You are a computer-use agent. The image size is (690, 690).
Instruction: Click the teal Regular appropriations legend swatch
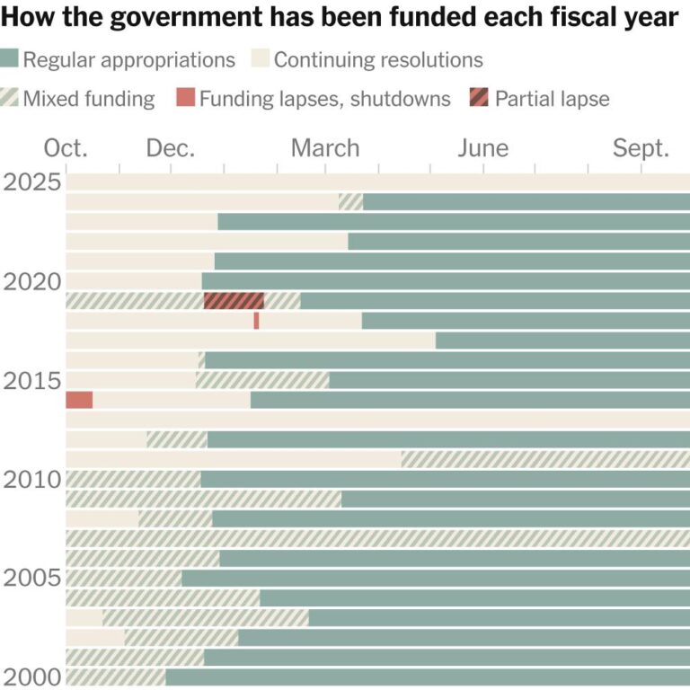tap(10, 60)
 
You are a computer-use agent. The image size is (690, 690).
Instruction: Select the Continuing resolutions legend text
tap(378, 60)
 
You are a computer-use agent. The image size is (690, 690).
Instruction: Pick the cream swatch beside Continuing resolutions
tap(260, 60)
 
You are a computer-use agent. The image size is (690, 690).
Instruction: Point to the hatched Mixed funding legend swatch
tap(10, 98)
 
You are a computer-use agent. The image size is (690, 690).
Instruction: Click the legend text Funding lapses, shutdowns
tap(325, 98)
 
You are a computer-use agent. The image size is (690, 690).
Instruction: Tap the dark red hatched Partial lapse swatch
tap(480, 98)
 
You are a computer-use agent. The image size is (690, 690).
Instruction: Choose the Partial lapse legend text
tap(553, 98)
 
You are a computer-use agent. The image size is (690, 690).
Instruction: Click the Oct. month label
tap(66, 148)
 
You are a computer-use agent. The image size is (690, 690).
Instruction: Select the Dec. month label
tap(171, 148)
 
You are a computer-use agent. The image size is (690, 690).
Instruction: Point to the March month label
tap(325, 148)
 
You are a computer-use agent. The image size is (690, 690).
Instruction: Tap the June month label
tap(482, 148)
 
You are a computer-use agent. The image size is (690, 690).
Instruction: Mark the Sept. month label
tap(641, 148)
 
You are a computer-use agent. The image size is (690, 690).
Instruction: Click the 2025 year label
tap(32, 182)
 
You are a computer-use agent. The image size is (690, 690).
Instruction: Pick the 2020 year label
tap(32, 281)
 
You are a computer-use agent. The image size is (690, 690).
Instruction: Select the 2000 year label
tap(32, 677)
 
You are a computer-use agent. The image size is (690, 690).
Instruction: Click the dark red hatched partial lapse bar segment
tap(234, 301)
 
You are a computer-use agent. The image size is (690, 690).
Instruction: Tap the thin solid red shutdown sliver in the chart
tap(256, 321)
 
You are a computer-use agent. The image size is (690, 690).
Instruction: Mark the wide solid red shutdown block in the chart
tap(79, 400)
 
